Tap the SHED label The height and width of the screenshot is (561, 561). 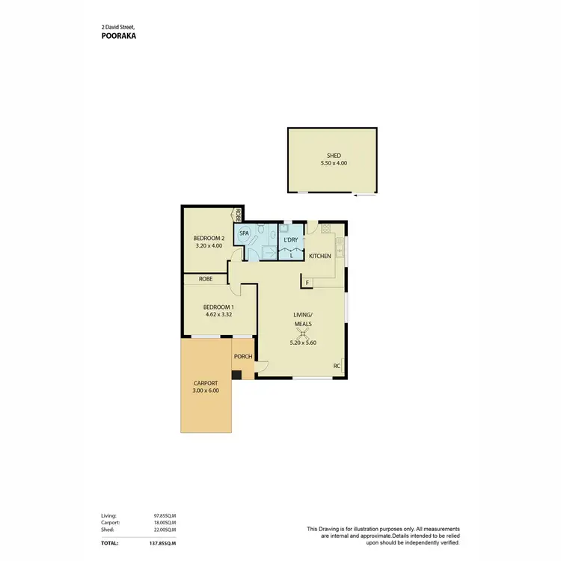333,156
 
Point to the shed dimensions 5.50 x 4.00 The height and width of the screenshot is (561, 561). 333,163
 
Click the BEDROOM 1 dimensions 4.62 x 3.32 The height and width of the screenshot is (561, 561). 220,314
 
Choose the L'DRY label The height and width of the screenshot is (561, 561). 291,239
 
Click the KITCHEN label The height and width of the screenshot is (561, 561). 320,257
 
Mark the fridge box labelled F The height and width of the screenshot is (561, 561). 306,282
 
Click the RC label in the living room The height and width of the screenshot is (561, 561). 337,366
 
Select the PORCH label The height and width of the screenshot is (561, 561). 243,356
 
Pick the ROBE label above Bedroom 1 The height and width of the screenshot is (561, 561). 206,279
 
